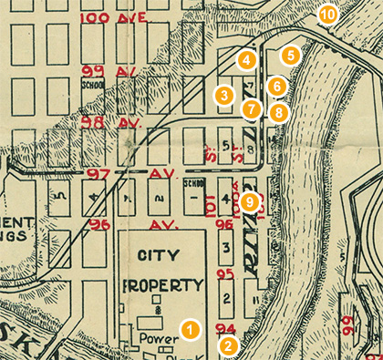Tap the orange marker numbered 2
(x=228, y=345)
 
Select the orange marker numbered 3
(x=223, y=95)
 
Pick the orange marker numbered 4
(x=244, y=60)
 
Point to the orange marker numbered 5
(x=290, y=56)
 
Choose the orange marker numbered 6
(x=278, y=86)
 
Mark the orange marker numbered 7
(x=252, y=109)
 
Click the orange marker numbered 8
(x=278, y=113)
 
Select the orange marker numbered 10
(x=326, y=15)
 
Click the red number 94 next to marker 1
(x=225, y=328)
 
